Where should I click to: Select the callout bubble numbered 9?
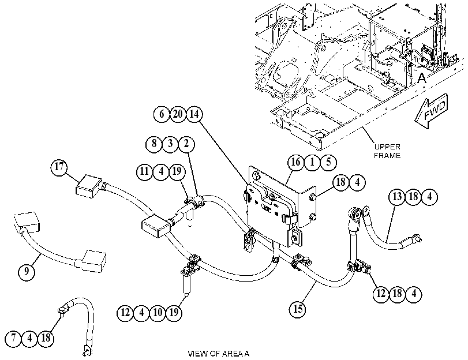pyautogui.click(x=27, y=272)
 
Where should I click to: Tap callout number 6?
pyautogui.click(x=162, y=114)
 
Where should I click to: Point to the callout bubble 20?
pyautogui.click(x=178, y=114)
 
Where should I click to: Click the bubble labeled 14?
pyautogui.click(x=194, y=114)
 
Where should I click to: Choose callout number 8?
pyautogui.click(x=153, y=144)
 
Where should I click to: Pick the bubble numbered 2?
pyautogui.click(x=186, y=144)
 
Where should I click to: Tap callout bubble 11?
pyautogui.click(x=144, y=172)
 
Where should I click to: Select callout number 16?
pyautogui.click(x=296, y=162)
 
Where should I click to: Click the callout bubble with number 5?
pyautogui.click(x=328, y=162)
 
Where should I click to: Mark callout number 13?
pyautogui.click(x=397, y=197)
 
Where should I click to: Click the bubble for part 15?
pyautogui.click(x=298, y=309)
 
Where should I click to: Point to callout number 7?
pyautogui.click(x=13, y=339)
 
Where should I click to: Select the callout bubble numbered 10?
pyautogui.click(x=158, y=313)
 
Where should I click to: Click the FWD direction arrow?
pyautogui.click(x=431, y=111)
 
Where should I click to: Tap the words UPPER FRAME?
pyautogui.click(x=387, y=151)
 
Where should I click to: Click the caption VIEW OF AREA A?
pyautogui.click(x=219, y=354)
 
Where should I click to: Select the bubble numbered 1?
pyautogui.click(x=312, y=162)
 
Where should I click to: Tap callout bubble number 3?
pyautogui.click(x=170, y=144)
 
